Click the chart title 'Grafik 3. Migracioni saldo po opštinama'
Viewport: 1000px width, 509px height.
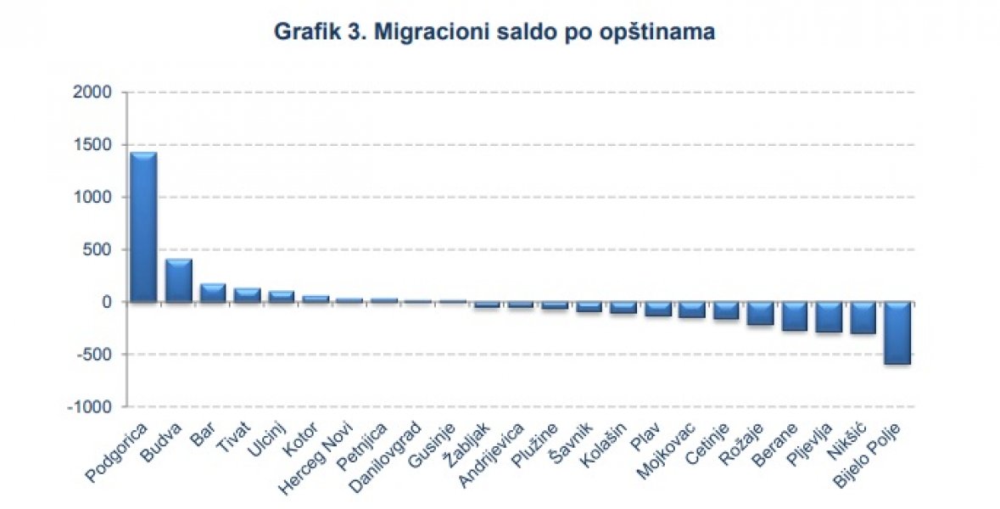[494, 33]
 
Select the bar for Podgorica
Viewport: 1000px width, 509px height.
[143, 227]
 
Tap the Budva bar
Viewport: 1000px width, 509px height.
[178, 280]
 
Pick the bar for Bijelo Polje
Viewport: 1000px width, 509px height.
[897, 333]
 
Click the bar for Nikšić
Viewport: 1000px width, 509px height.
[863, 317]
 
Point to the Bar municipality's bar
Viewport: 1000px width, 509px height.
[212, 293]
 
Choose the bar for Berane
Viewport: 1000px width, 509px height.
[795, 316]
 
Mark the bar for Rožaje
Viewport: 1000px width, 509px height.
[760, 313]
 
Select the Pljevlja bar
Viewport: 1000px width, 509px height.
[829, 316]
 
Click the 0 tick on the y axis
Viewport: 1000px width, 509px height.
[107, 302]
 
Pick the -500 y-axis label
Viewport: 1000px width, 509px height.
[95, 355]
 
